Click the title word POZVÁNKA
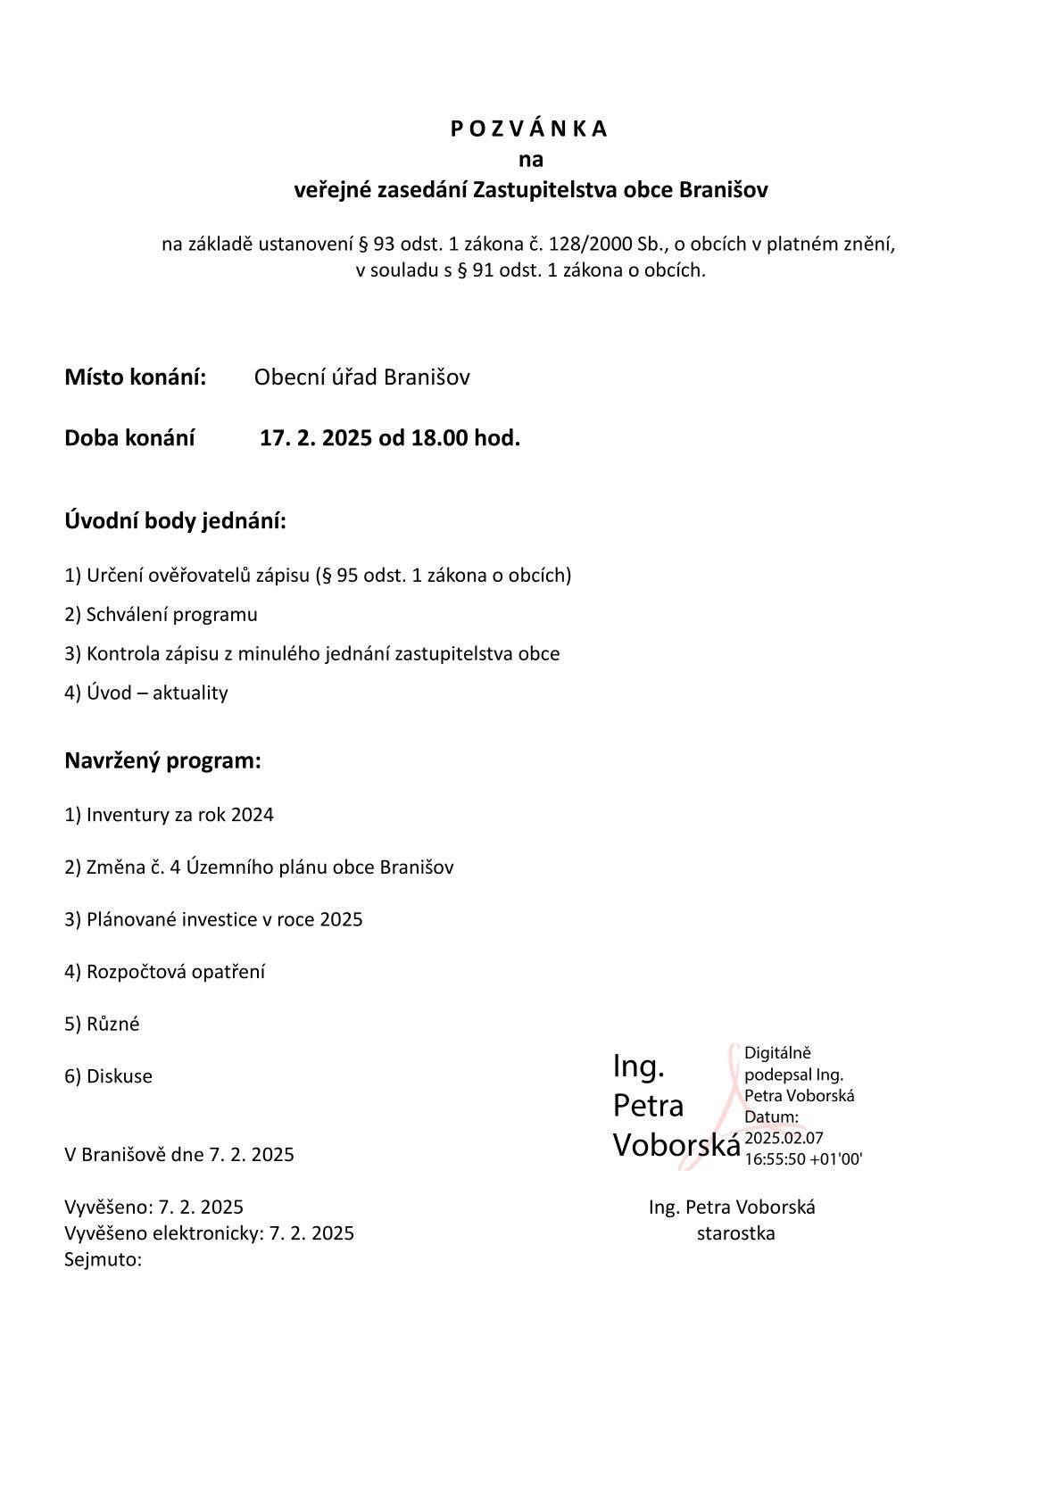click(x=529, y=129)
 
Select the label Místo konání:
click(x=135, y=377)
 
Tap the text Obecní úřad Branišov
click(x=361, y=377)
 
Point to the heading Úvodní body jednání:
click(x=175, y=520)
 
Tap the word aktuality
click(x=190, y=693)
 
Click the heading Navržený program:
click(x=162, y=761)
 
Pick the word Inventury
click(x=128, y=815)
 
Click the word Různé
click(x=112, y=1024)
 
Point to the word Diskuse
click(x=119, y=1076)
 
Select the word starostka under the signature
click(x=735, y=1233)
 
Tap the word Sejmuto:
click(x=104, y=1259)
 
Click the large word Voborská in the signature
click(x=676, y=1145)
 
